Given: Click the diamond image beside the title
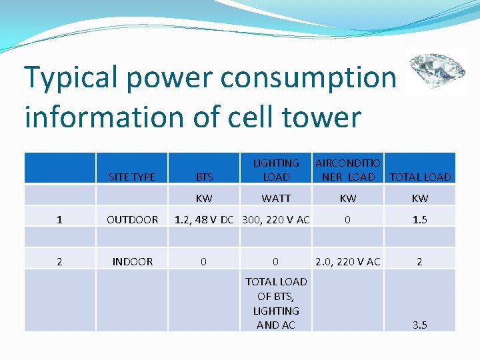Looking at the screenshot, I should (437, 71).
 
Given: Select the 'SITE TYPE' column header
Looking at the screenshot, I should (131, 177).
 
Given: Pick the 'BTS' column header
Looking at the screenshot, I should (204, 177).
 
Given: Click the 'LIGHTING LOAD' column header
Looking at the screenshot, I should (276, 169).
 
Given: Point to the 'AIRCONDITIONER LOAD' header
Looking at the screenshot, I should (348, 169).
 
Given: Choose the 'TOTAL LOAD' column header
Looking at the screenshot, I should (420, 177).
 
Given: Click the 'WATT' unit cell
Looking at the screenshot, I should (276, 198).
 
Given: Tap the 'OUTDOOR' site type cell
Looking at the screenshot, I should (132, 219).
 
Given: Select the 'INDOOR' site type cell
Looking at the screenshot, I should (132, 261).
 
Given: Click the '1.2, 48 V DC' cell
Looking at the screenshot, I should (204, 219).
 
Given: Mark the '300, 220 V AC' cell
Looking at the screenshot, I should (276, 219).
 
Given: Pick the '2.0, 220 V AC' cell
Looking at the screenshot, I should (348, 261).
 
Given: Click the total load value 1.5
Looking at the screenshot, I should (420, 219).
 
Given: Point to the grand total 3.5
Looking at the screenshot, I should (420, 325).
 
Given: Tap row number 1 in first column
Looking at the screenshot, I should (59, 219).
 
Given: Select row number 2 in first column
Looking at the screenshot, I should (59, 261).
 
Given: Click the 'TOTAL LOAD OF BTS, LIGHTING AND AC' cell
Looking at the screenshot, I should (276, 303).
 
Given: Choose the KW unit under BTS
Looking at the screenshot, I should (204, 198).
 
